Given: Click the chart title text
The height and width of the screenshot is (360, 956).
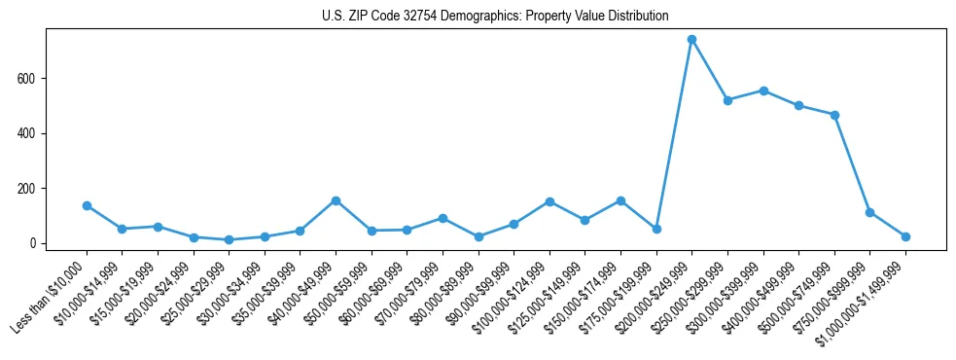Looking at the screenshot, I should (495, 17).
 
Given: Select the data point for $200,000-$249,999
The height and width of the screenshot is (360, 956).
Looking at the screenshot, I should (691, 40).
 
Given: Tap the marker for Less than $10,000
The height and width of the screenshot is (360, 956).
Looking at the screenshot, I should (87, 205).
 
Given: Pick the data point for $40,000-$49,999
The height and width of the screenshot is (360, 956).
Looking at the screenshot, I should (336, 200).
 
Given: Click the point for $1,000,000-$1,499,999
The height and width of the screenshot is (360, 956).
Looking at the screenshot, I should (905, 236).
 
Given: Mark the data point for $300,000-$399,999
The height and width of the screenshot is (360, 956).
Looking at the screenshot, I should (763, 90).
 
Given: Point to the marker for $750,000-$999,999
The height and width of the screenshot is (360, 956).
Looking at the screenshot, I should (869, 212).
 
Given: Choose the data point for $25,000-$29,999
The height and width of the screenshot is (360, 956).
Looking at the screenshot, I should (229, 239).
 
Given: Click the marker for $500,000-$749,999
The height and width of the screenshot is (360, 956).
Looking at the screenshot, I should (834, 115).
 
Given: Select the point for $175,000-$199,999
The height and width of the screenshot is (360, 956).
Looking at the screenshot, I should (656, 229).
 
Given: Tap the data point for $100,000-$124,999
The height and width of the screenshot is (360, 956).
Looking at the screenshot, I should (549, 201).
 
